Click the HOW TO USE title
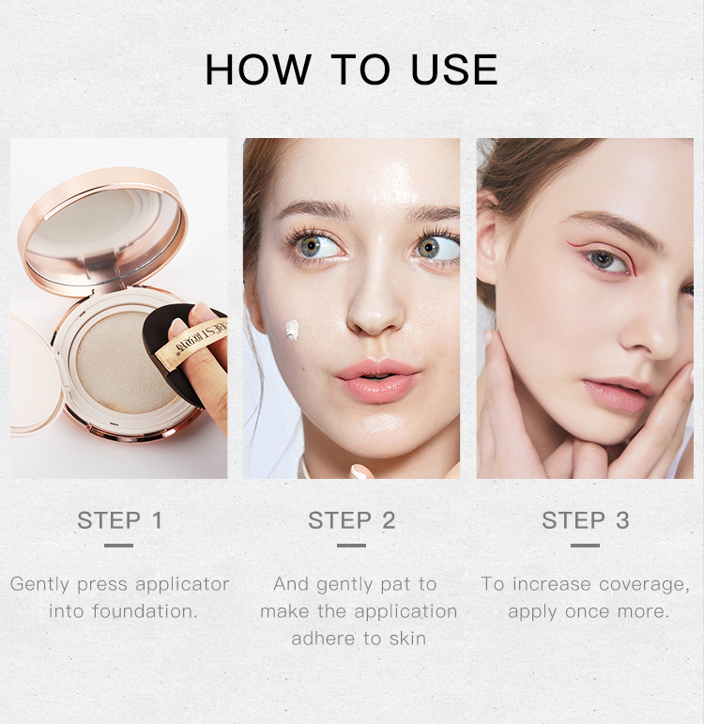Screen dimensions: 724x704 click(351, 70)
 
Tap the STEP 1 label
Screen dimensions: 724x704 click(119, 520)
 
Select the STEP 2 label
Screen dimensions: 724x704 click(351, 520)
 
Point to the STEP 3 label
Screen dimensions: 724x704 click(585, 520)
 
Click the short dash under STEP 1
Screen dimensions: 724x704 click(119, 545)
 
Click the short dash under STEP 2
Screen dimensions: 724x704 click(351, 545)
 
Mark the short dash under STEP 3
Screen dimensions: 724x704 click(585, 545)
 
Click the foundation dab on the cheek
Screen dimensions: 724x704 click(292, 330)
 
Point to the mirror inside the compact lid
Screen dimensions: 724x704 click(98, 228)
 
